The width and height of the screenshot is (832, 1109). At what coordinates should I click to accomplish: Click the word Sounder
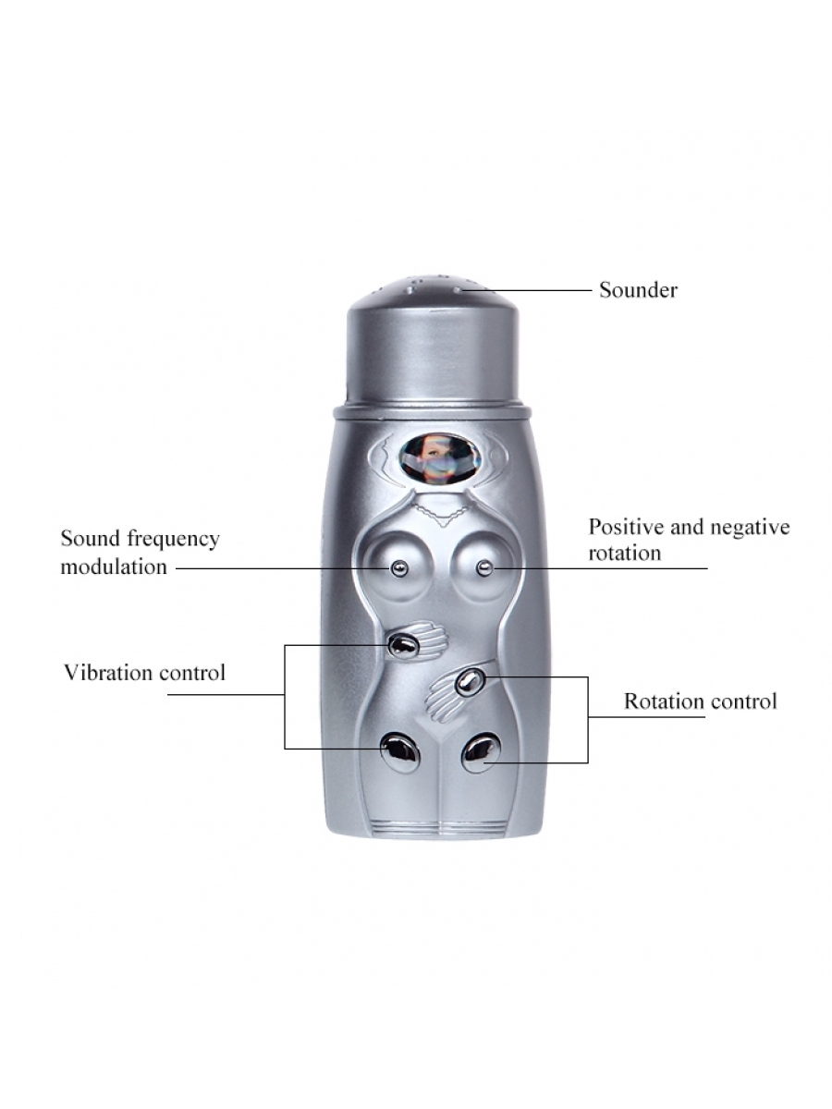(x=638, y=290)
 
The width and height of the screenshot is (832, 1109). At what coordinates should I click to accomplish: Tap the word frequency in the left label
(x=173, y=540)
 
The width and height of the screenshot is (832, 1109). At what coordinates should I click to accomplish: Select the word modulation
(x=114, y=567)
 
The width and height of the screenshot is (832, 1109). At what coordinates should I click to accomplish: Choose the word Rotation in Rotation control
(x=664, y=701)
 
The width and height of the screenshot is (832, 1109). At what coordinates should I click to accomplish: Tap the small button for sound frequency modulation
(x=399, y=568)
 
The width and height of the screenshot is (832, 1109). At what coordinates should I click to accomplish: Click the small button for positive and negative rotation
(x=484, y=568)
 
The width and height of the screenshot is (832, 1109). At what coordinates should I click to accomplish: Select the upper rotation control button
(x=470, y=682)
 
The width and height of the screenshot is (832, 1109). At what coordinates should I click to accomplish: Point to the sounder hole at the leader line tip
(x=459, y=290)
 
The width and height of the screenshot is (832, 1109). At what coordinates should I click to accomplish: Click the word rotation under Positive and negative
(x=625, y=554)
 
